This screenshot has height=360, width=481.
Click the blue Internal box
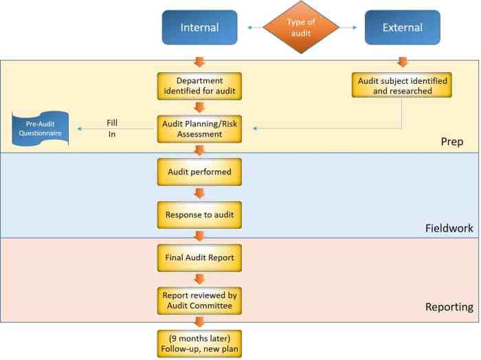tap(199, 28)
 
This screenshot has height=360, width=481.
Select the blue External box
tap(402, 28)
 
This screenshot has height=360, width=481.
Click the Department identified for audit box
tap(199, 85)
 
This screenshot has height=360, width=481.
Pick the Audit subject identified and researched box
tap(403, 85)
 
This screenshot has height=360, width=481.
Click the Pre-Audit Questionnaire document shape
tap(41, 129)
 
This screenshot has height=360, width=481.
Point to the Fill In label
tap(111, 128)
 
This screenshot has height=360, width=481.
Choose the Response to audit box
tap(199, 215)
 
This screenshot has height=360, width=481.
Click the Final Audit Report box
tap(199, 259)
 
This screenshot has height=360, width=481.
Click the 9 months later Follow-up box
tap(199, 341)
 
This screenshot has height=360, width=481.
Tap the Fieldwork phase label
tap(447, 227)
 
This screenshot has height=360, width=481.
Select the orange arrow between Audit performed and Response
tap(199, 194)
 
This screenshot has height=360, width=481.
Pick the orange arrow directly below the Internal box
tap(199, 63)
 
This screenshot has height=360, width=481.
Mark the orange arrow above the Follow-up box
tap(199, 320)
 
